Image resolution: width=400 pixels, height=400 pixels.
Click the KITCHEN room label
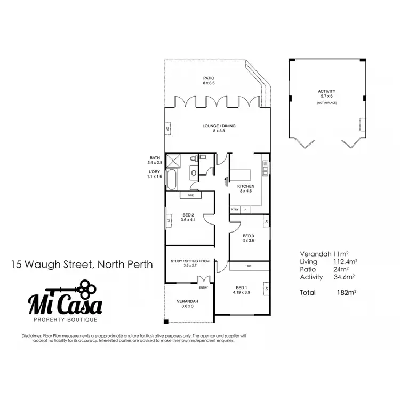pos(246,186)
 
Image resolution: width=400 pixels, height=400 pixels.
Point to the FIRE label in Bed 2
pos(190,196)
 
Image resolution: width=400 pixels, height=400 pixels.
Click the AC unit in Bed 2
pos(169,220)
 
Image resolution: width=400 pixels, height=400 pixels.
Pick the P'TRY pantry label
pos(234,210)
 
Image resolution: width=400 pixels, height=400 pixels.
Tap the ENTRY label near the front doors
pos(203,287)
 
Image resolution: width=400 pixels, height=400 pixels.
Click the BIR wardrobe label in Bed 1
pos(249,266)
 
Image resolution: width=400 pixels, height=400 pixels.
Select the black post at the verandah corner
pos(166,322)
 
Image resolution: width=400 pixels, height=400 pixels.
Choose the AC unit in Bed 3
pos(265,221)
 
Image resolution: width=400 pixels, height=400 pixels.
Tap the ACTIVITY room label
pos(326,91)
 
